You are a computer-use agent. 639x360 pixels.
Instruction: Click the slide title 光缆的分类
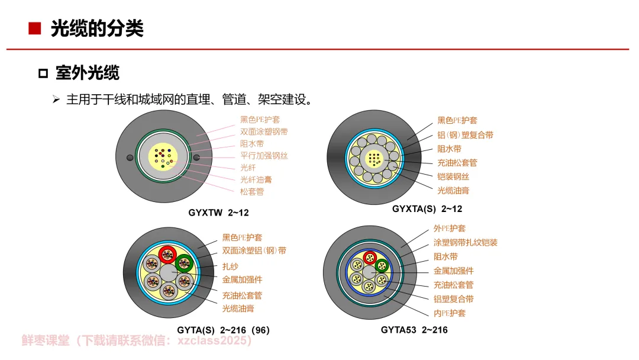pos(97,28)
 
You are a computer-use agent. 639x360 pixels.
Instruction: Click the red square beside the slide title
pos(34,28)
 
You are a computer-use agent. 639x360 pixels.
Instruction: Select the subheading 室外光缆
pos(87,73)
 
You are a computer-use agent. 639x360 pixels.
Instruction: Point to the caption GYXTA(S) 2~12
pos(427,208)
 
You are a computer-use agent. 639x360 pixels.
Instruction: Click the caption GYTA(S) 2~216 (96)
pos(223,330)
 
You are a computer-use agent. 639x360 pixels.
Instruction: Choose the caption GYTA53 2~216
pos(414,330)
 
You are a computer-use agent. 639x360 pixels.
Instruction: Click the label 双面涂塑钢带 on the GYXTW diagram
pos(264,131)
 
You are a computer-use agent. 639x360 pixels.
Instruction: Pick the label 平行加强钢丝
pos(264,156)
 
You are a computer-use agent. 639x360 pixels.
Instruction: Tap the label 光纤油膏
pos(256,179)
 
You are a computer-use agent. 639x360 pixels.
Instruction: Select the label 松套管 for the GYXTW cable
pos(251,191)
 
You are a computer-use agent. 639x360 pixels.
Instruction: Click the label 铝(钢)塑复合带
pos(465,135)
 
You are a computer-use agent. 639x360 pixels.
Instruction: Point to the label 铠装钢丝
pos(453,176)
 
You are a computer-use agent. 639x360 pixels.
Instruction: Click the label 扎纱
pos(230,266)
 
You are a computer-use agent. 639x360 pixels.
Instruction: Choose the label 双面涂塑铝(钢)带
pos(254,251)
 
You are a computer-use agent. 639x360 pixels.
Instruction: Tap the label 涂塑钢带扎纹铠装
pos(465,242)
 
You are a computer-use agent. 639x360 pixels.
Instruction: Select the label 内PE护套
pos(449,313)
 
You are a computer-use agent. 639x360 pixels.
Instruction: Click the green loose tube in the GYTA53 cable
pos(382,266)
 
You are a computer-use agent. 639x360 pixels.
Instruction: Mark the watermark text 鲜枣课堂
pos(46,341)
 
